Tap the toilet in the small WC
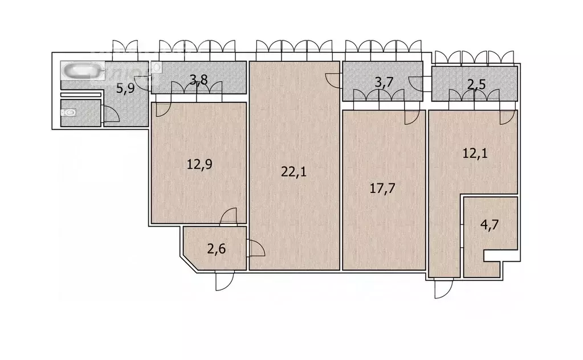tap(70, 113)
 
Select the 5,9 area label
tap(126, 88)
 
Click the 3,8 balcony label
tap(198, 80)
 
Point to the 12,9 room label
tap(198, 165)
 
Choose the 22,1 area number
tap(294, 171)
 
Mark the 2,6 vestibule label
tap(215, 249)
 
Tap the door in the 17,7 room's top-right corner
tap(411, 117)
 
